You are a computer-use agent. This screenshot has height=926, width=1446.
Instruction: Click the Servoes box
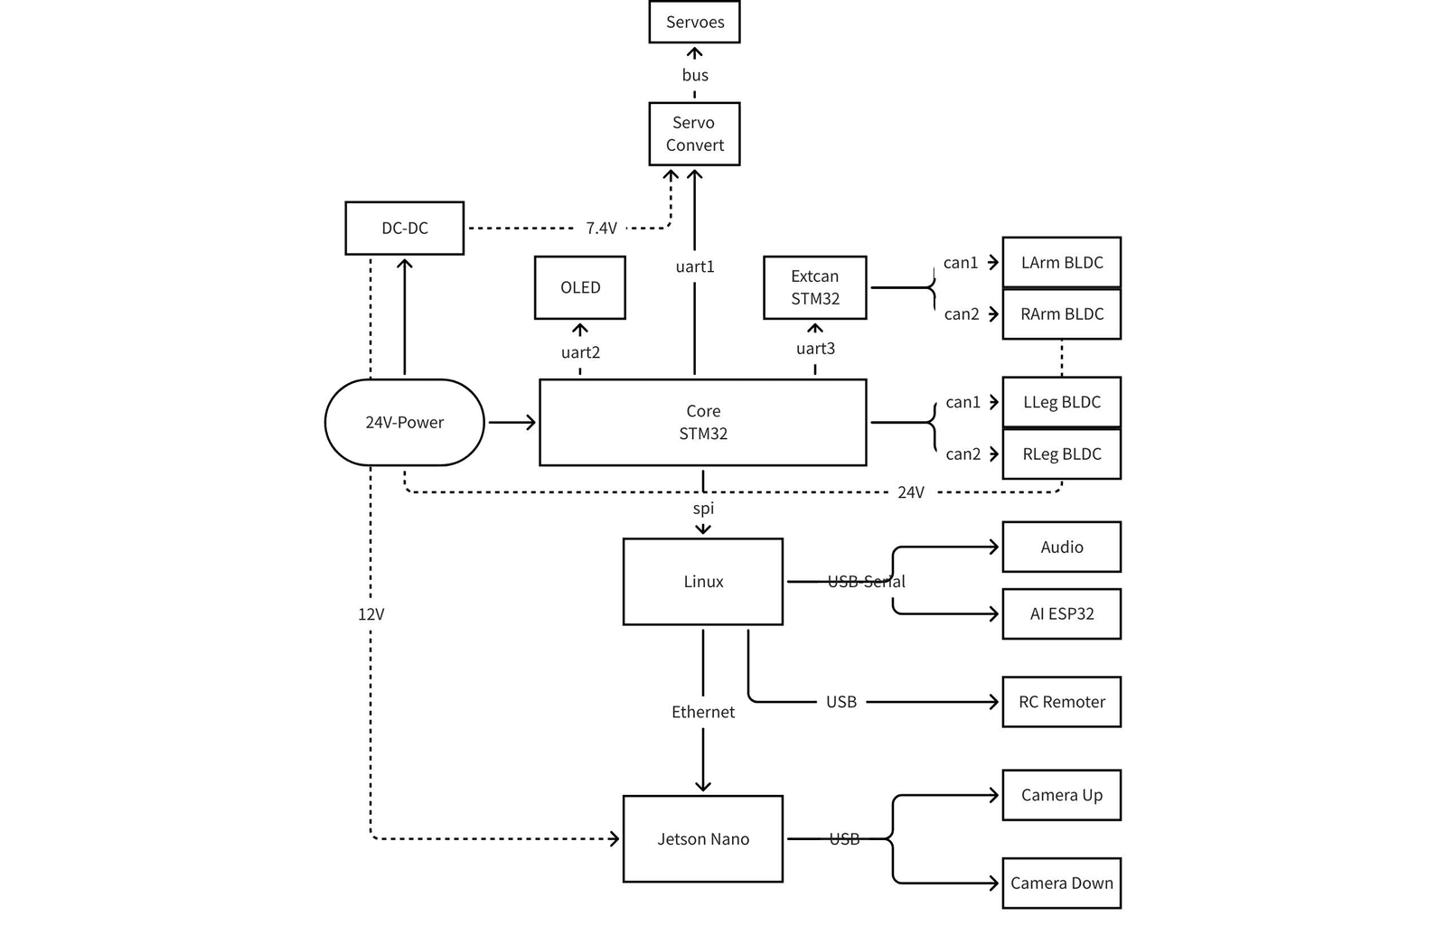point(694,22)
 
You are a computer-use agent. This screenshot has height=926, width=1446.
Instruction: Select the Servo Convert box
point(694,134)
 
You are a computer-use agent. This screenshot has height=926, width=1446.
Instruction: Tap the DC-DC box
point(404,228)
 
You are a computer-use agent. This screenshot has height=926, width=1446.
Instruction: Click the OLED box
point(579,287)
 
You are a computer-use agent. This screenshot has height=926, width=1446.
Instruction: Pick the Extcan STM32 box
point(814,287)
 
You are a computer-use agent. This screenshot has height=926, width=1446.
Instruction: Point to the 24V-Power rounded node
point(404,422)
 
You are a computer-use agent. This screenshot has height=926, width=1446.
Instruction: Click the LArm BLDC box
point(1061,262)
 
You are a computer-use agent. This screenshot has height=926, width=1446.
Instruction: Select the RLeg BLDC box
point(1061,454)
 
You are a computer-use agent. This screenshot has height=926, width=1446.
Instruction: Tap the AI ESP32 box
point(1061,613)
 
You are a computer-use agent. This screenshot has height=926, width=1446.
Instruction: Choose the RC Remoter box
point(1061,701)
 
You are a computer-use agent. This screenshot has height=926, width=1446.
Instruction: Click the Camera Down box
point(1061,883)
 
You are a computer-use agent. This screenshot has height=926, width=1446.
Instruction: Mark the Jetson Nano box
point(702,839)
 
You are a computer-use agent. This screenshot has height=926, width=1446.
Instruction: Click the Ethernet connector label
point(703,712)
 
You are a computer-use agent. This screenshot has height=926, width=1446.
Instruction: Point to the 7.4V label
point(601,228)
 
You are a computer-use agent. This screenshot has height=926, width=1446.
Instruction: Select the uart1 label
point(695,267)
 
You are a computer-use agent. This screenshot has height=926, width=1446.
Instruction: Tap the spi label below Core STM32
point(703,509)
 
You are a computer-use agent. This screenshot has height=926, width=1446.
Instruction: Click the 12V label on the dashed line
point(371,614)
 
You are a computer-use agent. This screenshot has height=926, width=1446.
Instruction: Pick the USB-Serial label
point(867,582)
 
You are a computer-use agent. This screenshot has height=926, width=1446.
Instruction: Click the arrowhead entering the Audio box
point(994,547)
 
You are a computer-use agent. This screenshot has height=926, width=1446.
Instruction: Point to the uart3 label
point(815,349)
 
